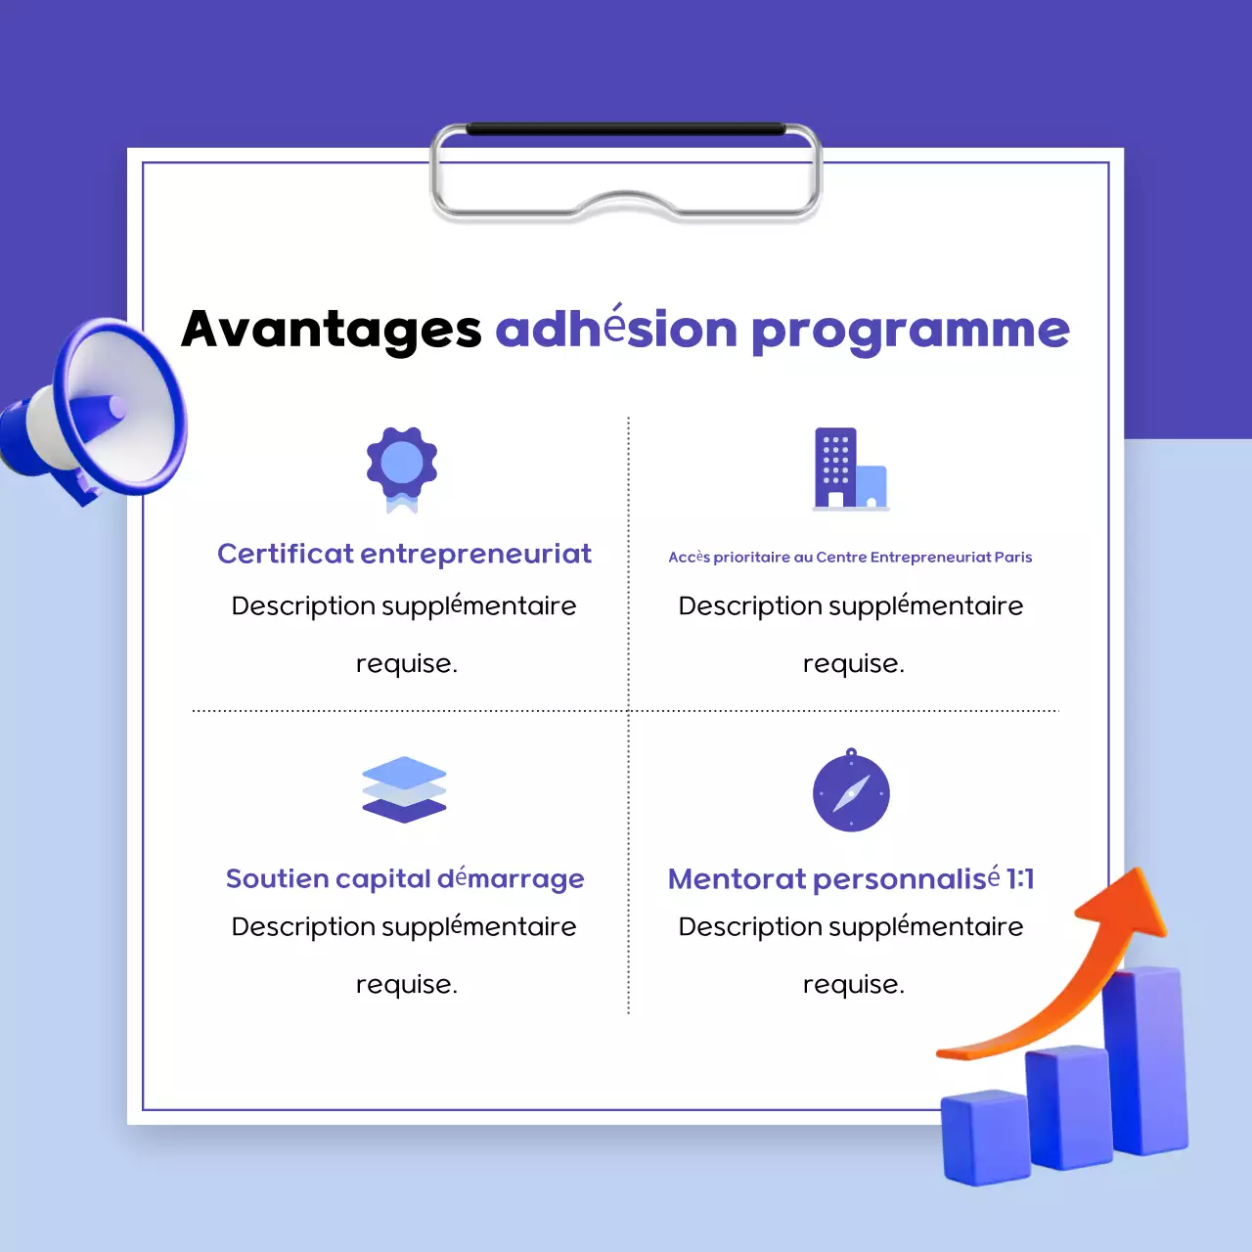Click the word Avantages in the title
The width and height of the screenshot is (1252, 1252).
pos(332,330)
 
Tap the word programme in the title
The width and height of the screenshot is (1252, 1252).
pos(910,331)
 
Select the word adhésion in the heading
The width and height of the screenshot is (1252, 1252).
pos(616,330)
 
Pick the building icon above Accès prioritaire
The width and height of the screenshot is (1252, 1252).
pos(850,469)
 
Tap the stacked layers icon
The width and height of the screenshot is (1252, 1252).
pos(404,790)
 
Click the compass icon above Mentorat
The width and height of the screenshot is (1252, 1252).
pos(851,791)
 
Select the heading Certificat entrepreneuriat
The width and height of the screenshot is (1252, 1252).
pos(404,554)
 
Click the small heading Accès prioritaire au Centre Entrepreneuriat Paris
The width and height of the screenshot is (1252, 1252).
pos(850,558)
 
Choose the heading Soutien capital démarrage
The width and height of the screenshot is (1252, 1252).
pos(404,878)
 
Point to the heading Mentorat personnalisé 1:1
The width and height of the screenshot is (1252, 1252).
pos(850,878)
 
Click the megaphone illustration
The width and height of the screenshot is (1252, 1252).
pos(98,411)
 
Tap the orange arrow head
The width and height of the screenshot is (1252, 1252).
pos(1125,905)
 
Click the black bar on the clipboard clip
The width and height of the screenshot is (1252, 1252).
pos(626,129)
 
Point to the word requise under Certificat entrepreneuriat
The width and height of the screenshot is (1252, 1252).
pos(406,664)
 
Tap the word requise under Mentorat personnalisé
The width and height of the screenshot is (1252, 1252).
pos(853,985)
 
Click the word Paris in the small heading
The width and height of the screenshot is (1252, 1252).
pos(1013,558)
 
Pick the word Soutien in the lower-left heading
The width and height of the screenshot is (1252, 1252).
pos(277,878)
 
